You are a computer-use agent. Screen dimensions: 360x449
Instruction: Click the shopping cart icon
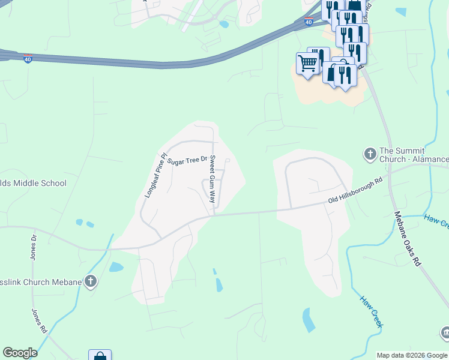click(x=307, y=63)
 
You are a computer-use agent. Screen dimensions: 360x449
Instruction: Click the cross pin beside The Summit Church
click(x=370, y=155)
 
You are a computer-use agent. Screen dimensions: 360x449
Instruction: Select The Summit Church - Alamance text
click(x=414, y=155)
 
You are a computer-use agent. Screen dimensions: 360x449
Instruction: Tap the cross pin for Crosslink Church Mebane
click(x=91, y=281)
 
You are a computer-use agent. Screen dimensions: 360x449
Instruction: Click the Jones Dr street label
click(x=34, y=247)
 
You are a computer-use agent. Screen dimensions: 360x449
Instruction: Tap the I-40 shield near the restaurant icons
click(x=308, y=22)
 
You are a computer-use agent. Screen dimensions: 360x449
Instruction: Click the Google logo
click(x=20, y=353)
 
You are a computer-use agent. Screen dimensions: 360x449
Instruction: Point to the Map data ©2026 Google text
click(x=412, y=355)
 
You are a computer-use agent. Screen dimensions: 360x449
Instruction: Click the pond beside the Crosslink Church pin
click(x=116, y=267)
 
